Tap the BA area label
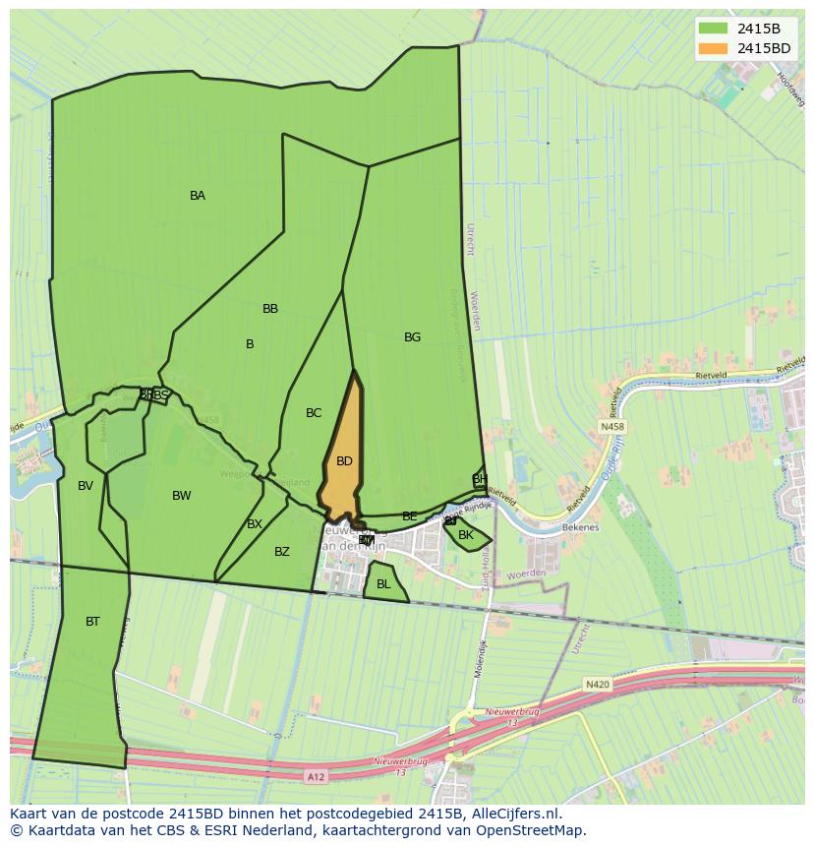(x=198, y=196)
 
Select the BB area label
(x=270, y=309)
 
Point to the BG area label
(x=412, y=337)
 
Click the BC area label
(x=314, y=413)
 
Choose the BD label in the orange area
(x=344, y=461)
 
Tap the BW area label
(x=182, y=496)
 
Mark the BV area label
(x=86, y=486)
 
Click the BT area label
(x=92, y=622)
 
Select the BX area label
(x=255, y=524)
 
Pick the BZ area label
(x=282, y=552)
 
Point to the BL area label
(x=383, y=584)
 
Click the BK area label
(x=466, y=535)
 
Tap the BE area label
(x=410, y=516)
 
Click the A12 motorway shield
(x=315, y=777)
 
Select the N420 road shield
(x=597, y=684)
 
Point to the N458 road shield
(x=611, y=427)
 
